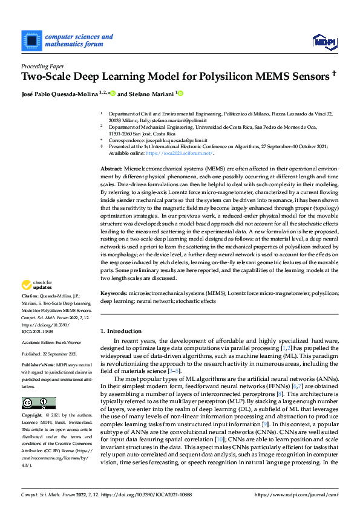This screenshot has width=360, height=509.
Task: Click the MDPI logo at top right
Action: [324, 41]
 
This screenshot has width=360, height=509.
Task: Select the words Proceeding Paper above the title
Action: [42, 65]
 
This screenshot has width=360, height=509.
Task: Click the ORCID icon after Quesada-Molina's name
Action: [113, 94]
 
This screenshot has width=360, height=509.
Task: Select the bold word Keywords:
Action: [113, 293]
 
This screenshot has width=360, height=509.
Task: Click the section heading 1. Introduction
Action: [120, 332]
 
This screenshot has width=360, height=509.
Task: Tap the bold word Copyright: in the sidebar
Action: [31, 417]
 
